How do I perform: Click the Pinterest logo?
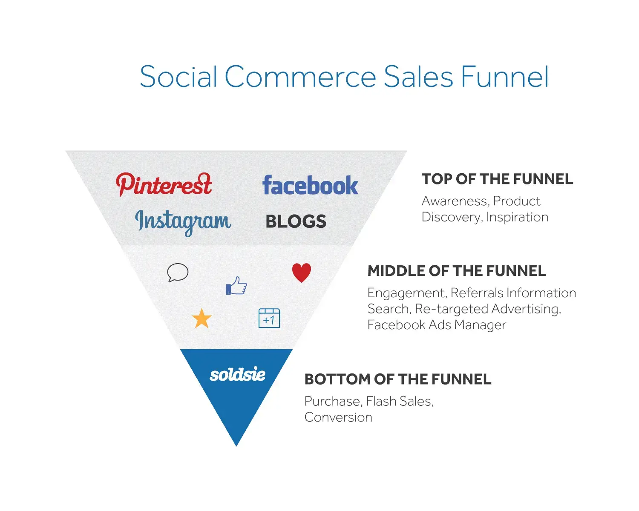point(164,185)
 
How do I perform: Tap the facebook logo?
point(310,185)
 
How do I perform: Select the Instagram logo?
point(183,221)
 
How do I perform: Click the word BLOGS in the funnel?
point(296,221)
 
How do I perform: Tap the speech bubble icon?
point(178,273)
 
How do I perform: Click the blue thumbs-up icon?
point(236,286)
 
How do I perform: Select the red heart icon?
point(302,273)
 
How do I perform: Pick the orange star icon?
point(201,319)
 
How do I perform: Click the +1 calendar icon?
point(269,318)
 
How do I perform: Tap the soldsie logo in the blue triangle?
point(237,375)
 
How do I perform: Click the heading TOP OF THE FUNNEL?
point(497,179)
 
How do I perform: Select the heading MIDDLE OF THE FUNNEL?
point(457,271)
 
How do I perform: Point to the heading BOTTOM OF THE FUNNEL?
point(398,379)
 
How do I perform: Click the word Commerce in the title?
point(300,77)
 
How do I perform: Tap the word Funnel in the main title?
point(505,77)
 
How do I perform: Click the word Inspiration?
point(517,217)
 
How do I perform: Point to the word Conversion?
point(338,417)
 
